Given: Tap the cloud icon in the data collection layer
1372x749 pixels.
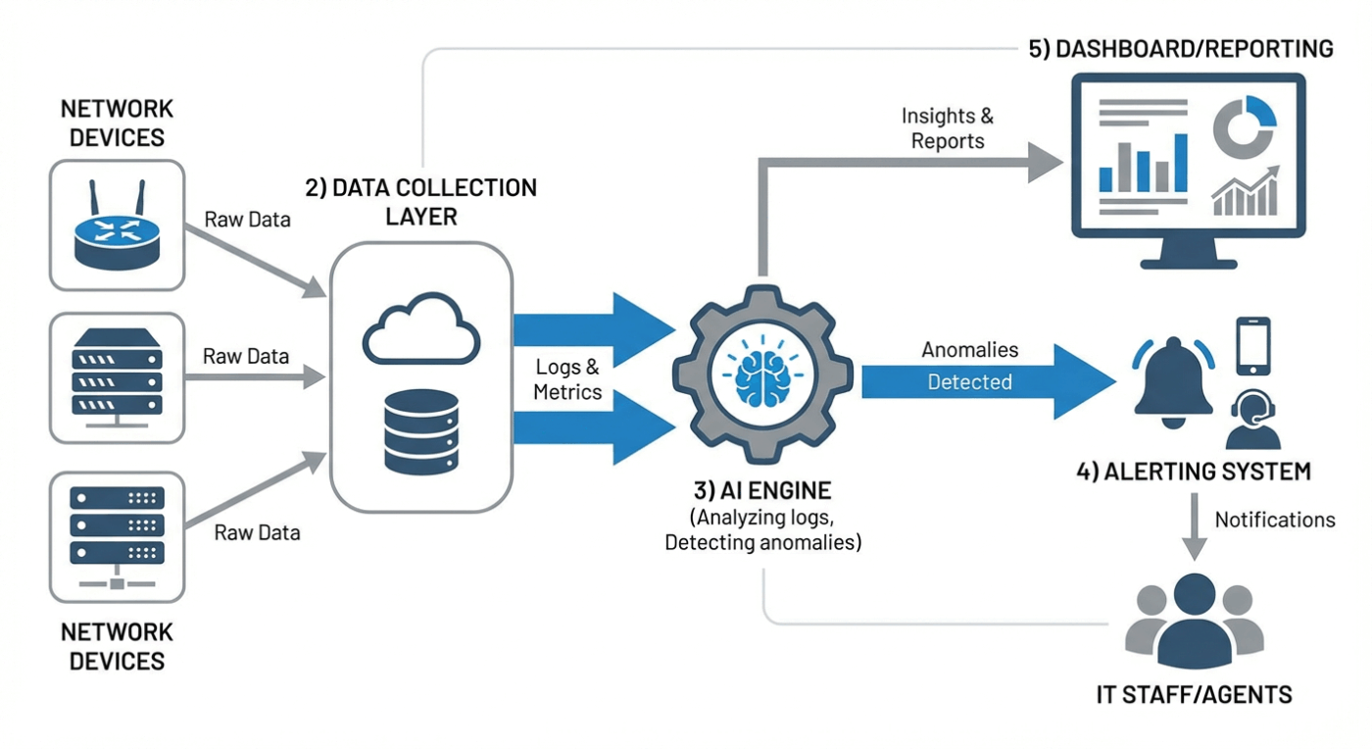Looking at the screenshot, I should click(421, 330).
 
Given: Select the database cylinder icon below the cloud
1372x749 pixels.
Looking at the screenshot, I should click(421, 431).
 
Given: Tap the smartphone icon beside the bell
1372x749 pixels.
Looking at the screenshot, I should click(1252, 345).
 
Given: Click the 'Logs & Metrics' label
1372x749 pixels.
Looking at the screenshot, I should click(566, 379).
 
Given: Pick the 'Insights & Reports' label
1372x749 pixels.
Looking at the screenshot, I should click(947, 128).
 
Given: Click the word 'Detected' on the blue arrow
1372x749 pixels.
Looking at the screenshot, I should click(969, 382).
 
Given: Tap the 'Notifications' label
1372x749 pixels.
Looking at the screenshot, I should click(1274, 520).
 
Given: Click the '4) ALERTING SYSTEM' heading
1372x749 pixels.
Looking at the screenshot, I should click(1193, 472).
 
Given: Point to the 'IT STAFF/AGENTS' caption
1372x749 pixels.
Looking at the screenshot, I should click(1193, 695).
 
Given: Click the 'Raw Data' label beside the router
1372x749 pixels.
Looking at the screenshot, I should click(247, 220).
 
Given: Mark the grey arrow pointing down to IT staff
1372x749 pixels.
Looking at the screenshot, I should click(1194, 527).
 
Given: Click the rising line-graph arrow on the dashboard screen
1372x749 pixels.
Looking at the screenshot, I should click(1247, 190).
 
